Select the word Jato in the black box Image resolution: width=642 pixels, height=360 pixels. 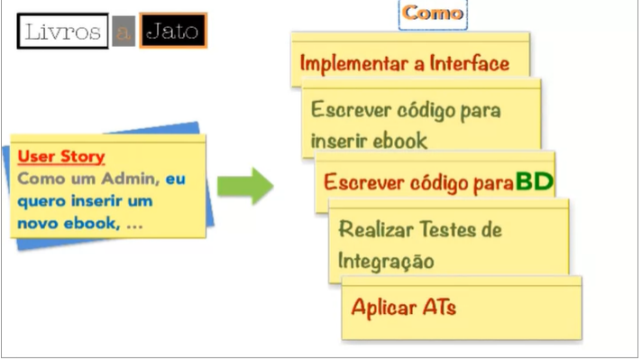[x=173, y=32]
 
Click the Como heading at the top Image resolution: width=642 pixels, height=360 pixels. [x=433, y=14]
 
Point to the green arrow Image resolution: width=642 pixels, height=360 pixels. [x=245, y=185]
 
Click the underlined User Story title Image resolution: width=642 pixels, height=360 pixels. [x=61, y=156]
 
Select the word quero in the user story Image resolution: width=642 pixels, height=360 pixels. [x=41, y=200]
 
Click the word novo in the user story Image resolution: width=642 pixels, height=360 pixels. [x=40, y=223]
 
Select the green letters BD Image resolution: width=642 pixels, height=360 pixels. [x=534, y=181]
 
